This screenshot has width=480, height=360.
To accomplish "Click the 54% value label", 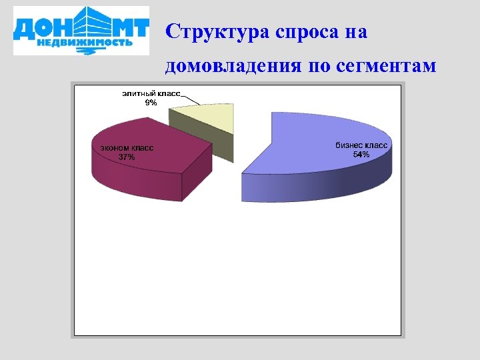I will [x=361, y=155].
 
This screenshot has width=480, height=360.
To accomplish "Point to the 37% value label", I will [x=126, y=157].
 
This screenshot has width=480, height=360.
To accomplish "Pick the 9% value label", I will [x=151, y=103].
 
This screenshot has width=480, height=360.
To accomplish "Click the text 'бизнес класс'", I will [x=361, y=145].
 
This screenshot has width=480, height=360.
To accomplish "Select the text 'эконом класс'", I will [x=126, y=148].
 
